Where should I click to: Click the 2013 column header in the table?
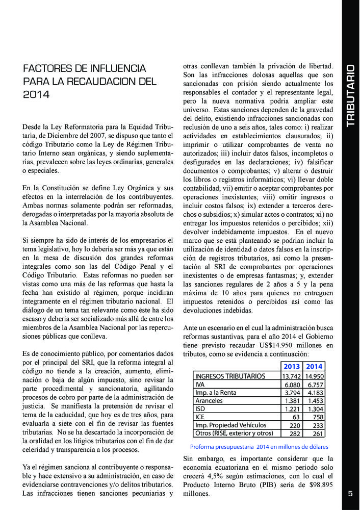tap(292, 366)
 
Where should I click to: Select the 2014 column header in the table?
tap(315, 366)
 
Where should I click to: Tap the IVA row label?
tap(200, 385)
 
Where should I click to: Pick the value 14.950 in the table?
tap(315, 376)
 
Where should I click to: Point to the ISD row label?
tap(200, 409)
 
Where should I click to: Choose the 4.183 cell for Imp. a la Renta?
tap(316, 393)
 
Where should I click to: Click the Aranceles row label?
tap(209, 401)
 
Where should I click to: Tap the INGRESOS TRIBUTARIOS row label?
tap(230, 376)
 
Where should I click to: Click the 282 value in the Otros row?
tap(294, 433)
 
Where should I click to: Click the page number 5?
tap(350, 493)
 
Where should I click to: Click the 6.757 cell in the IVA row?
tap(316, 385)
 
